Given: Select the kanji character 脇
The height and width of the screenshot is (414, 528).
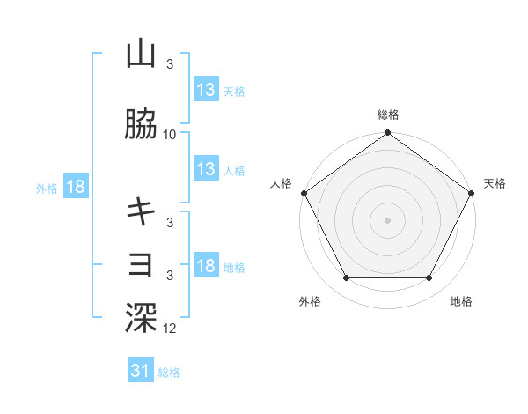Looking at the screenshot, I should tap(141, 126).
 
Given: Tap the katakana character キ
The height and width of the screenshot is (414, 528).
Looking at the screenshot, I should tap(141, 211).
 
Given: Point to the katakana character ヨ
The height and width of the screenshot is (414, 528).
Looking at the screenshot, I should tap(141, 263).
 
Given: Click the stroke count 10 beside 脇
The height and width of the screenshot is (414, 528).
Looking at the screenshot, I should tap(170, 135).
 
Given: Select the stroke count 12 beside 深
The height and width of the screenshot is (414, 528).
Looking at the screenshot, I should tap(170, 328).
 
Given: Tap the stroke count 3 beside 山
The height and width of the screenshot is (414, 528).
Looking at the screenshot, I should tap(170, 64).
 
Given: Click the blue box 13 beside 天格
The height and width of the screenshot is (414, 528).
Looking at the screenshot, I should tap(206, 90).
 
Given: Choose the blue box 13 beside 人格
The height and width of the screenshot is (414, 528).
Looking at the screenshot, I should tap(206, 169).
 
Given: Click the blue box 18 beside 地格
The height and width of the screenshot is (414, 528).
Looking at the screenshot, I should tap(206, 266).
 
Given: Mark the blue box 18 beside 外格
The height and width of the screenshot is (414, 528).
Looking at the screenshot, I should tap(76, 187).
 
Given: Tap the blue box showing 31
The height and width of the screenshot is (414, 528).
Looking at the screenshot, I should tap(141, 371).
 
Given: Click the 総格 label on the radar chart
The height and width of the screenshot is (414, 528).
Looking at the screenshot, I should tap(388, 115).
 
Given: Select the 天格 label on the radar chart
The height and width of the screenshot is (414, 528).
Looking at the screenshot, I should tap(495, 183).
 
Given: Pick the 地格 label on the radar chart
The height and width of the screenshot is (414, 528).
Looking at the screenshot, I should tap(461, 301).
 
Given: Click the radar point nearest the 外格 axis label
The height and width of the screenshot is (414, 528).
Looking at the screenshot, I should tap(347, 278).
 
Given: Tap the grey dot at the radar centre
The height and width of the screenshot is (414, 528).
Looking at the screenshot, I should tap(388, 220).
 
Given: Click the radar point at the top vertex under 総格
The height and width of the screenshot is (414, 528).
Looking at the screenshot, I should tap(388, 134).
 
